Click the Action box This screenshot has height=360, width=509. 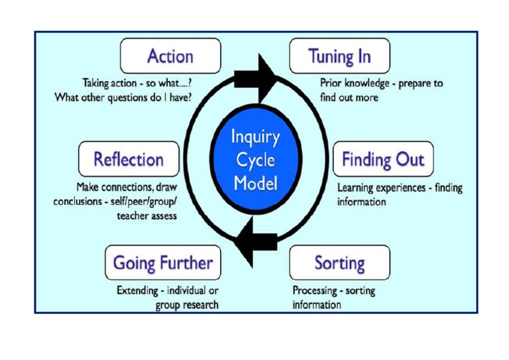[x=170, y=56]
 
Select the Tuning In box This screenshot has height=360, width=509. [x=339, y=56]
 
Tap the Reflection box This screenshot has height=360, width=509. [x=129, y=159]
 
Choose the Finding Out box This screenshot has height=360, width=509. [x=383, y=159]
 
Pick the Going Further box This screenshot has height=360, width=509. [x=163, y=263]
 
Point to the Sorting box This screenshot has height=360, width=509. [x=339, y=263]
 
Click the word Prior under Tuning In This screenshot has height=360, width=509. [x=331, y=84]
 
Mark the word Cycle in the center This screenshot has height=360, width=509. [x=255, y=160]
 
